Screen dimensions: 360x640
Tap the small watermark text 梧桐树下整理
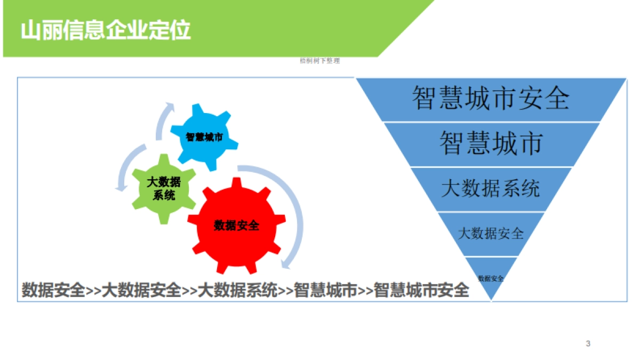click(x=319, y=61)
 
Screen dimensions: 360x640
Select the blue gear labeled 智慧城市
click(x=204, y=137)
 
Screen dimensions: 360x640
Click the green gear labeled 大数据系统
click(x=164, y=188)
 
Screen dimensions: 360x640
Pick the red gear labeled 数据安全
click(x=236, y=226)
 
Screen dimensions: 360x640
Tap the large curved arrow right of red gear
click(x=292, y=213)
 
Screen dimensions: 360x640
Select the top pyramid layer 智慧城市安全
click(x=491, y=99)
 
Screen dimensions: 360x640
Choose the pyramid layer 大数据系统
click(x=491, y=189)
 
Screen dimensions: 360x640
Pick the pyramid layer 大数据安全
click(x=491, y=234)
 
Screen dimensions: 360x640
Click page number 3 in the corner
click(x=588, y=343)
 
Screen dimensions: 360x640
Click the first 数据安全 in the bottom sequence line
click(x=53, y=290)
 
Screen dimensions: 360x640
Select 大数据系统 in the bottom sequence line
click(x=237, y=290)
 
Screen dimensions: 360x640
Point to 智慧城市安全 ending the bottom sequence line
click(x=421, y=290)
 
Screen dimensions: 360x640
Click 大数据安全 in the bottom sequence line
click(x=141, y=290)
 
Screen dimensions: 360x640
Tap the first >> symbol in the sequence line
click(x=93, y=291)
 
